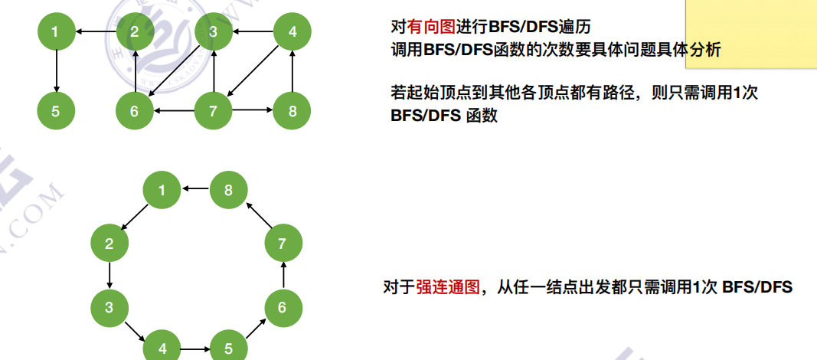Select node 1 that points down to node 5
pyautogui.click(x=56, y=32)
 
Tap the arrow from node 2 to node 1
pyautogui.click(x=96, y=32)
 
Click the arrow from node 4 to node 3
pyautogui.click(x=253, y=32)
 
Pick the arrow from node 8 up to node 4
pyautogui.click(x=292, y=72)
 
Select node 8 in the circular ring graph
pyautogui.click(x=228, y=189)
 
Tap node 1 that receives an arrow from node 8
pyautogui.click(x=162, y=189)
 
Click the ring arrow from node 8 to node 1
pyautogui.click(x=195, y=189)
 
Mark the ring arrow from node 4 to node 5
pyautogui.click(x=195, y=349)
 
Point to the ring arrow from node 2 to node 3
pyautogui.click(x=109, y=276)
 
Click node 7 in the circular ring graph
pyautogui.click(x=283, y=244)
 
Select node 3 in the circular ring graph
pyautogui.click(x=109, y=308)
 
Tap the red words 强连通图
pyautogui.click(x=448, y=287)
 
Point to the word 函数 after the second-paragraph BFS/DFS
pyautogui.click(x=482, y=116)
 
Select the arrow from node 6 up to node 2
pyautogui.click(x=136, y=72)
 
